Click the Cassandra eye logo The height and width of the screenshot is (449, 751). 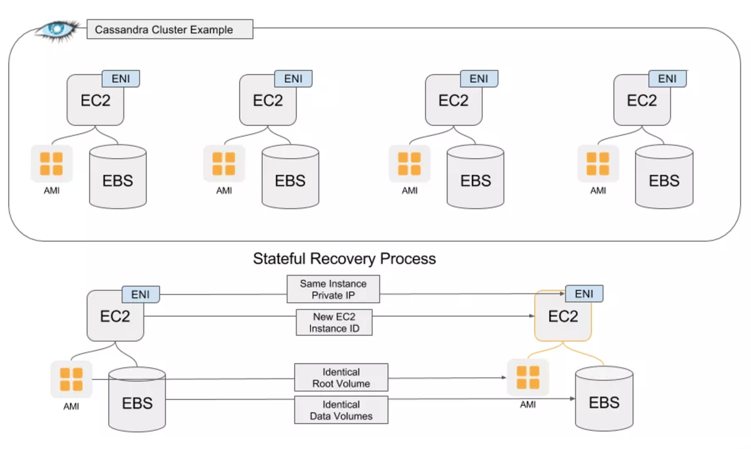click(58, 30)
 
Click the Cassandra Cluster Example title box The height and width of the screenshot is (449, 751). click(170, 30)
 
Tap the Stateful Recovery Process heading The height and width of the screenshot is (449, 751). click(344, 259)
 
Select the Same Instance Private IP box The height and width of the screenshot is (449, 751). click(333, 289)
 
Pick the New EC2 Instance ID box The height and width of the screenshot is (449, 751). click(334, 322)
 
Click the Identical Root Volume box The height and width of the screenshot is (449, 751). click(341, 377)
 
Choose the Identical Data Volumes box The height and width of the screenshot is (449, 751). click(341, 410)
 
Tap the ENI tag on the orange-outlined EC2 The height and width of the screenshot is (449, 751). click(584, 294)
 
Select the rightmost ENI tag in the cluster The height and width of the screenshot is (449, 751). click(667, 79)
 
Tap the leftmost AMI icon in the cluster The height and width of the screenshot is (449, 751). click(52, 164)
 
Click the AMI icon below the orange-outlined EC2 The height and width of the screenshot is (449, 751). click(528, 377)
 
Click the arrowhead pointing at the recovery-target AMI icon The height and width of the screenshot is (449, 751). click(504, 377)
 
